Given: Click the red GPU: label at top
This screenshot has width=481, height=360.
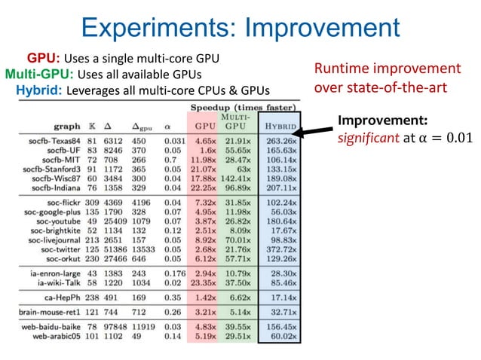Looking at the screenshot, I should coord(44,58).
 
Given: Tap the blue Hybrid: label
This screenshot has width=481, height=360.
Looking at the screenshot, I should coord(39,90).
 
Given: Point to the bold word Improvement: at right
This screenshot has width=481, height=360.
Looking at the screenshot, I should coord(382,121).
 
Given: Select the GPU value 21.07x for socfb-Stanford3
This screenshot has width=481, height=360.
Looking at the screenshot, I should coord(204,169).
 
